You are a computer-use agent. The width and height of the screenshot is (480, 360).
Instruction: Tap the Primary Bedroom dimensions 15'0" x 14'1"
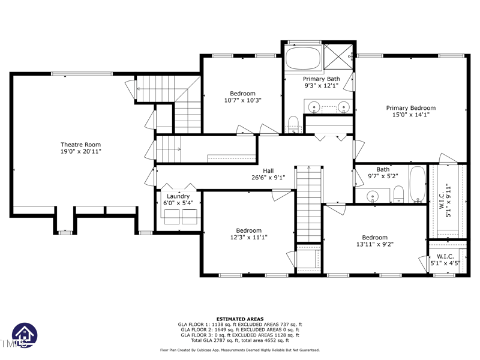point(411,115)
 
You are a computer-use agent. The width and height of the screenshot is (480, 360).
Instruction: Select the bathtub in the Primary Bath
point(303,58)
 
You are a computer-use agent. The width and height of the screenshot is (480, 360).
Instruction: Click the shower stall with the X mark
point(338,56)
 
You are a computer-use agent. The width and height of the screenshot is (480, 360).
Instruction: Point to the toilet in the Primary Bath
point(293,124)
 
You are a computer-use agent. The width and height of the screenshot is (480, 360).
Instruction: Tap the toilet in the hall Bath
point(398,194)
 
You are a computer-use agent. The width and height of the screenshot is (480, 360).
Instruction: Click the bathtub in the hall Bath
point(417,184)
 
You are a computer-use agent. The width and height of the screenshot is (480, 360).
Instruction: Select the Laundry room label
point(178,196)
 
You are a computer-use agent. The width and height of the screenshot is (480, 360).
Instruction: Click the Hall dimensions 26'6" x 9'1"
point(268,177)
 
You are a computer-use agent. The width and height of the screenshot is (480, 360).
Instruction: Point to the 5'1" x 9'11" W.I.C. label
point(445,200)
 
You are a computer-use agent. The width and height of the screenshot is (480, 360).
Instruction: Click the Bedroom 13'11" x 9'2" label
point(374,241)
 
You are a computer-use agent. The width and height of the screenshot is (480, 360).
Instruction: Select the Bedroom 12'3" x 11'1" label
point(248,234)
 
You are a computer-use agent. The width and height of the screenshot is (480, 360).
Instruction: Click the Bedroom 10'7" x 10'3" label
point(243,97)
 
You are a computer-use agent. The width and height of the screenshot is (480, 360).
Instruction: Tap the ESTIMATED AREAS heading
point(239,319)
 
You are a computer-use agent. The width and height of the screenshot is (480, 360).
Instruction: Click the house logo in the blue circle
point(25,335)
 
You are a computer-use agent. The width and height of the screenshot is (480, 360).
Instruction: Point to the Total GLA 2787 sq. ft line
point(240,340)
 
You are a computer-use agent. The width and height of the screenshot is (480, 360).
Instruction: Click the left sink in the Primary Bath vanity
point(314,107)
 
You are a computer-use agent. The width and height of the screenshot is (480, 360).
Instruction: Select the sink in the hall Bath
point(372,196)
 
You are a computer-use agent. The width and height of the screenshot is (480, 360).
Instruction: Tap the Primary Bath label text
point(322,79)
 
